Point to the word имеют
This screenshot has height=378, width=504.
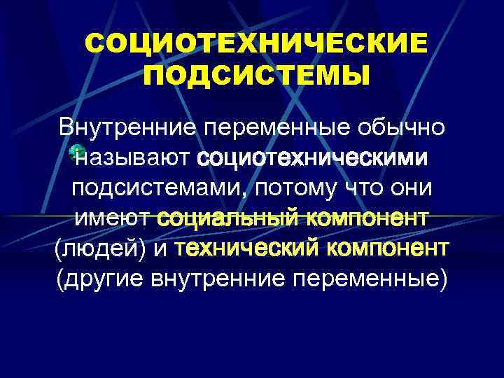(x=114, y=218)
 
